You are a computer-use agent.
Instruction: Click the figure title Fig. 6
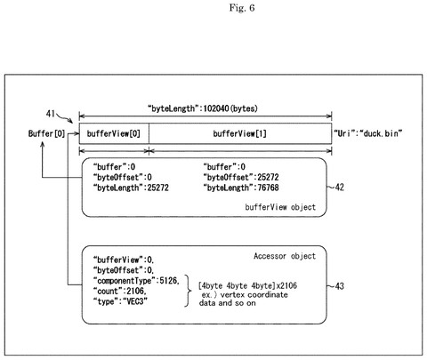(x=242, y=8)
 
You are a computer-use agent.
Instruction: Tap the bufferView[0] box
(x=114, y=133)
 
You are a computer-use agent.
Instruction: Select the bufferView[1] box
(x=240, y=133)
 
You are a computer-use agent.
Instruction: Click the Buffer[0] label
(x=46, y=133)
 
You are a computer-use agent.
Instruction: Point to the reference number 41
(x=51, y=114)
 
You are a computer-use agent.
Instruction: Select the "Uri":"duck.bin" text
(x=368, y=133)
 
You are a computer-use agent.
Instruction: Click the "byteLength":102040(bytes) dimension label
(x=203, y=108)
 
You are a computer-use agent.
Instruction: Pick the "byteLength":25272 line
(x=131, y=188)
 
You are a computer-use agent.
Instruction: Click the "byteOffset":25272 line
(x=241, y=177)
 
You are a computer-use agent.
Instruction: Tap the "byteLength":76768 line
(x=241, y=188)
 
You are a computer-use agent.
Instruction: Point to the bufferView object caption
(x=280, y=207)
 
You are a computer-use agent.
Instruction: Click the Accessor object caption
(x=285, y=256)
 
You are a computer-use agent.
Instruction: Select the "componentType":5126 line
(x=136, y=281)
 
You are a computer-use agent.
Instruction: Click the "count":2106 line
(x=120, y=292)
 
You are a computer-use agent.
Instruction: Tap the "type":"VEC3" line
(x=120, y=301)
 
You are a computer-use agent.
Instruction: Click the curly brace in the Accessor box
(x=187, y=291)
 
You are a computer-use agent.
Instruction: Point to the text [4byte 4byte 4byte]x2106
(x=247, y=285)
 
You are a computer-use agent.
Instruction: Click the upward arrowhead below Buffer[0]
(x=43, y=144)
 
